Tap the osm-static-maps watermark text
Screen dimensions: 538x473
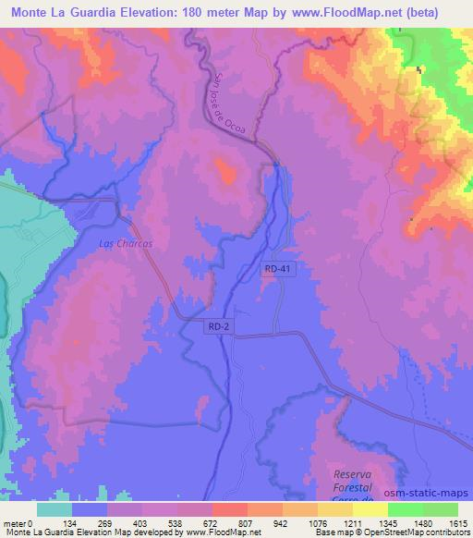(x=435, y=495)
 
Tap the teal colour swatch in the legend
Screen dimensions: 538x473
(x=55, y=509)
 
